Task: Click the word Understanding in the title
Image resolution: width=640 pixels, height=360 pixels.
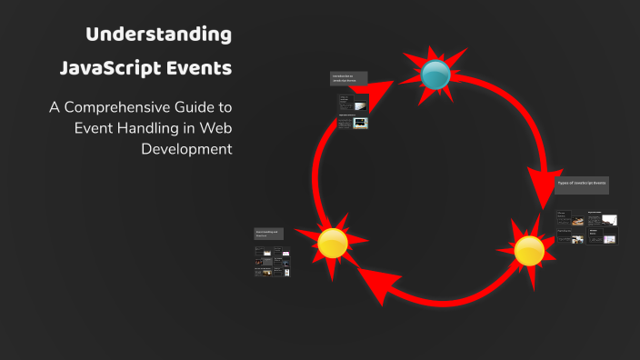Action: pyautogui.click(x=158, y=35)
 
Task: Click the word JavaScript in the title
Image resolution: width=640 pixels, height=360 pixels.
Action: pyautogui.click(x=105, y=68)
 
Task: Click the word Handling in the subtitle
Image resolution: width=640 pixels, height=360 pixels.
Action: pyautogui.click(x=159, y=127)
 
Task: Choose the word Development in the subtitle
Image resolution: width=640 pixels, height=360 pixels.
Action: pyautogui.click(x=187, y=148)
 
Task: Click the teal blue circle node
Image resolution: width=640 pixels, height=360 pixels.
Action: pyautogui.click(x=436, y=75)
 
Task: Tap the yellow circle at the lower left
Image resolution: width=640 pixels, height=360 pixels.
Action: pyautogui.click(x=332, y=242)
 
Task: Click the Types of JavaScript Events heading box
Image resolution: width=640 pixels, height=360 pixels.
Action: pyautogui.click(x=582, y=184)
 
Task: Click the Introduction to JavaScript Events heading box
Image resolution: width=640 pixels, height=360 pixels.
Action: pyautogui.click(x=350, y=79)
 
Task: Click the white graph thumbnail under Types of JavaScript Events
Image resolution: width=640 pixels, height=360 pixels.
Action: pyautogui.click(x=608, y=221)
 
